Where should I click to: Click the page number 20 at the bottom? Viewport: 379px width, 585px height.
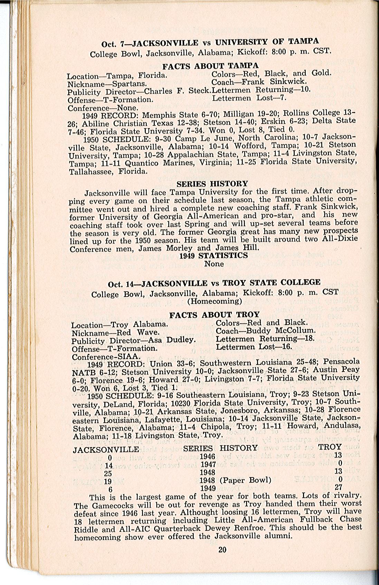(222, 549)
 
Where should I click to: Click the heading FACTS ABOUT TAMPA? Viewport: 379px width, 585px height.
(210, 66)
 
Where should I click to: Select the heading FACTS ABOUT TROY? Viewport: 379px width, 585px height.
(214, 314)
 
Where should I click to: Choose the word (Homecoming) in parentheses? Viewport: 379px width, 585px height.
(214, 301)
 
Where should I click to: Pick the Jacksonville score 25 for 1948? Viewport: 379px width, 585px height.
(108, 473)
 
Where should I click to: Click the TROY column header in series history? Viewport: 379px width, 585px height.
(330, 447)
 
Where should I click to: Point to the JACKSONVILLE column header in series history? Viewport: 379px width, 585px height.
(106, 450)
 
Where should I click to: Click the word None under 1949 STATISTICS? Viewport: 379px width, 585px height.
(214, 264)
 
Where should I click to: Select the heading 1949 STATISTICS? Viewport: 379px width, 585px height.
(214, 256)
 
